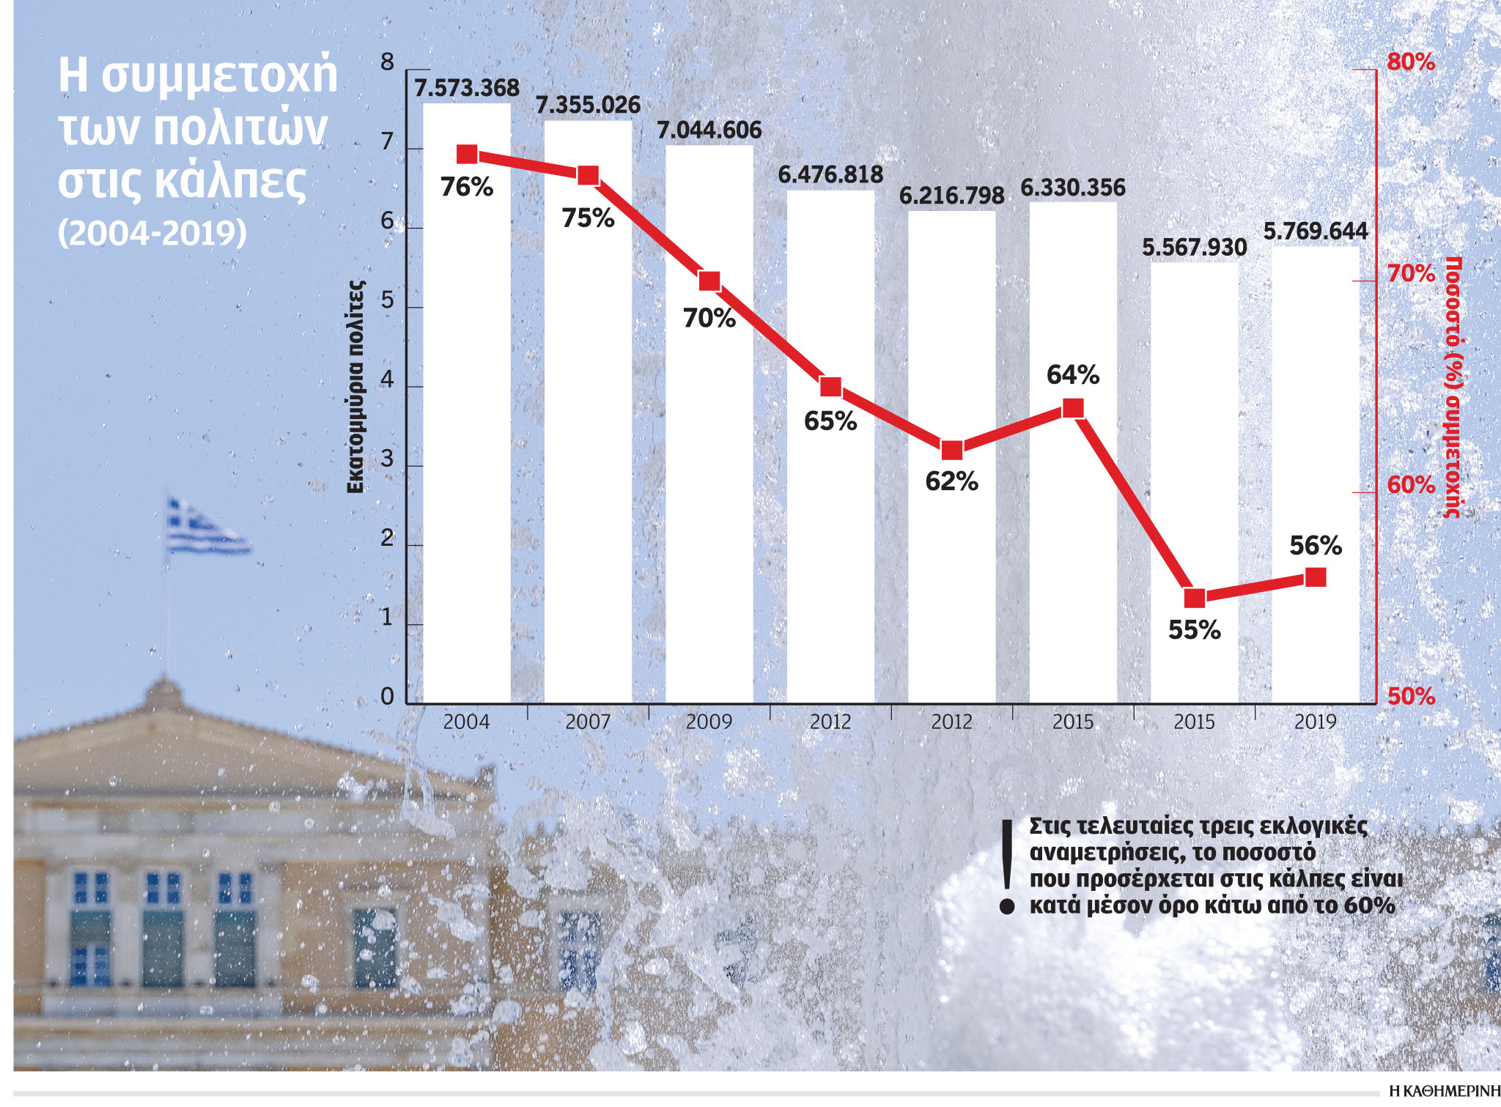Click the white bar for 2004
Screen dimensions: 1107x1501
pyautogui.click(x=467, y=440)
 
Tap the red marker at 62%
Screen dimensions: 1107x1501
pyautogui.click(x=952, y=450)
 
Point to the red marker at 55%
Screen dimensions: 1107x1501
pyautogui.click(x=1195, y=598)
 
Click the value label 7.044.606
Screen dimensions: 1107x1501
pyautogui.click(x=709, y=130)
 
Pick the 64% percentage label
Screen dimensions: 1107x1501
pyautogui.click(x=1073, y=375)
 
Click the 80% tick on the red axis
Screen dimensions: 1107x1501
pyautogui.click(x=1410, y=62)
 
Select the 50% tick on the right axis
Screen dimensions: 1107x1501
pyautogui.click(x=1410, y=696)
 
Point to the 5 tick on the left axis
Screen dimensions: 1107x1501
pyautogui.click(x=388, y=301)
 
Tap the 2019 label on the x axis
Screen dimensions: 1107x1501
pyautogui.click(x=1316, y=722)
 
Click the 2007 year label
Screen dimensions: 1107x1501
pyautogui.click(x=588, y=722)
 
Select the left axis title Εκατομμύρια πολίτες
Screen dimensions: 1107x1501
pyautogui.click(x=355, y=386)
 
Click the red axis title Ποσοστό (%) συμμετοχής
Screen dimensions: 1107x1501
pyautogui.click(x=1453, y=386)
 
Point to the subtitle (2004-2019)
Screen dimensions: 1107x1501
pyautogui.click(x=152, y=233)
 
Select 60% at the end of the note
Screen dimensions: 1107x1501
pyautogui.click(x=1369, y=906)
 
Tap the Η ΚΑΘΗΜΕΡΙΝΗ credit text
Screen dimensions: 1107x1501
pyautogui.click(x=1445, y=1091)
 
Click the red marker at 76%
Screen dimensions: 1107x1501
pyautogui.click(x=467, y=155)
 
